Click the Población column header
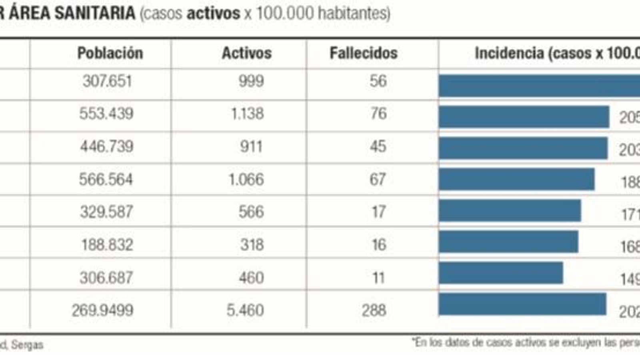click(x=110, y=53)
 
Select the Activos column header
click(x=247, y=53)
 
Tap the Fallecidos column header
click(x=364, y=53)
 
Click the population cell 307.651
click(x=107, y=81)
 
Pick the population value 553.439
click(x=106, y=114)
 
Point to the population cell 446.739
click(x=107, y=146)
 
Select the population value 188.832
click(x=107, y=244)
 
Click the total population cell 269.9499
click(x=103, y=310)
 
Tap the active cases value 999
click(x=251, y=81)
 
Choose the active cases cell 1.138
click(x=247, y=114)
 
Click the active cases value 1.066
click(x=246, y=179)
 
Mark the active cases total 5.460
click(x=245, y=310)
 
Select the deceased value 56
click(x=378, y=81)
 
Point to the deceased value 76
click(x=378, y=114)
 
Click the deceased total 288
click(x=374, y=310)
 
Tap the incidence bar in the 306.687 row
click(x=501, y=273)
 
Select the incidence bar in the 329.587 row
click(x=510, y=210)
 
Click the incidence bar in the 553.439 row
click(x=524, y=117)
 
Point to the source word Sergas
click(x=27, y=345)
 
